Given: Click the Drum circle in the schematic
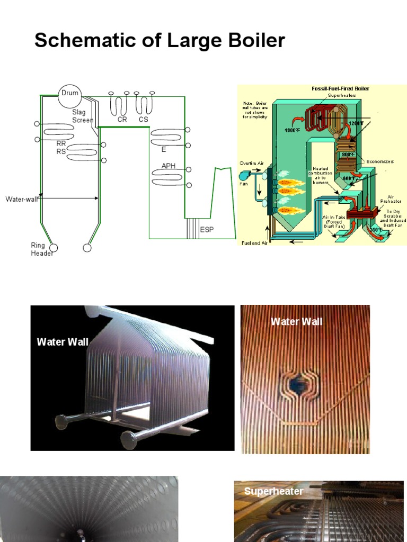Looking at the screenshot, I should (x=69, y=94).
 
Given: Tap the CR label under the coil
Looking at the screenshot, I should (x=122, y=120).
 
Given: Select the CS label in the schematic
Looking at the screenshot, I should (x=144, y=120).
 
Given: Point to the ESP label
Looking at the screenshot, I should (x=207, y=230).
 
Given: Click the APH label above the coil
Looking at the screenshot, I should (x=169, y=166).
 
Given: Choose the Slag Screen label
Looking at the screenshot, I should (x=82, y=116).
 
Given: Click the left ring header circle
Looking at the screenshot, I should (x=53, y=247).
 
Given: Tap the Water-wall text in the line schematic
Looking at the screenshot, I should (x=21, y=199).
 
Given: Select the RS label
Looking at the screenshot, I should (x=61, y=151).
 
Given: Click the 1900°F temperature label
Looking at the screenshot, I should (x=293, y=130).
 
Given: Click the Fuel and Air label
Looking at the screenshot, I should (x=254, y=242).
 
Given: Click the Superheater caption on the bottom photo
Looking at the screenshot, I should (x=273, y=491).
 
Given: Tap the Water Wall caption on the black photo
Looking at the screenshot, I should (x=63, y=342).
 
